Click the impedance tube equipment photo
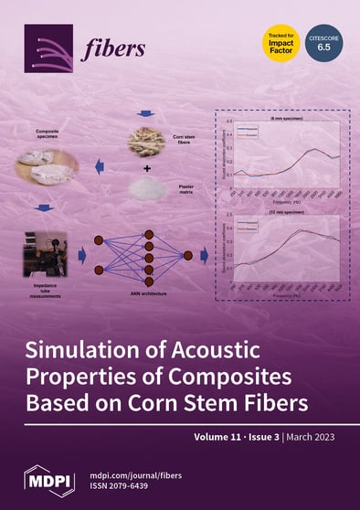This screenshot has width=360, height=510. tap(46, 255)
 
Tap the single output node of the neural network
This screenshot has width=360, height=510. tap(188, 255)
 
